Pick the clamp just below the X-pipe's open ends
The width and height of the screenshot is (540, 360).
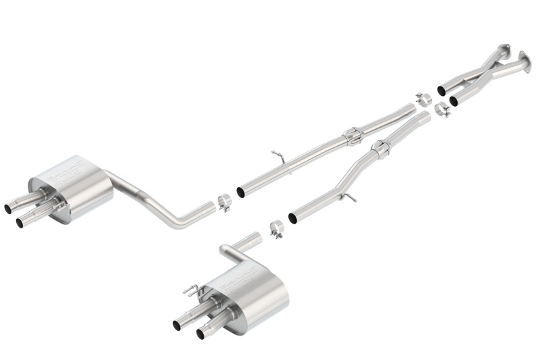[443, 109]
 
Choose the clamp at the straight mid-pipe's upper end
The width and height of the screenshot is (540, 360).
[424, 99]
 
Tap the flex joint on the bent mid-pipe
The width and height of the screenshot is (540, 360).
[380, 150]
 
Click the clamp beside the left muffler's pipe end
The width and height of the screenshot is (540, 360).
[225, 203]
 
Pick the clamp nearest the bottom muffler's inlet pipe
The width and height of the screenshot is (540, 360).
[275, 229]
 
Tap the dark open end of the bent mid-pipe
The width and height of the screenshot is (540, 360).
[292, 218]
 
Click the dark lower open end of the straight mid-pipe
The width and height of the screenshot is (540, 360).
[240, 192]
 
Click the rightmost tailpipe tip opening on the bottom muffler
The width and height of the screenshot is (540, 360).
[200, 333]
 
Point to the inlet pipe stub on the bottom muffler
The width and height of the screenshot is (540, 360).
[250, 240]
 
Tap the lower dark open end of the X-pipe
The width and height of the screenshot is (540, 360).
[454, 101]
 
